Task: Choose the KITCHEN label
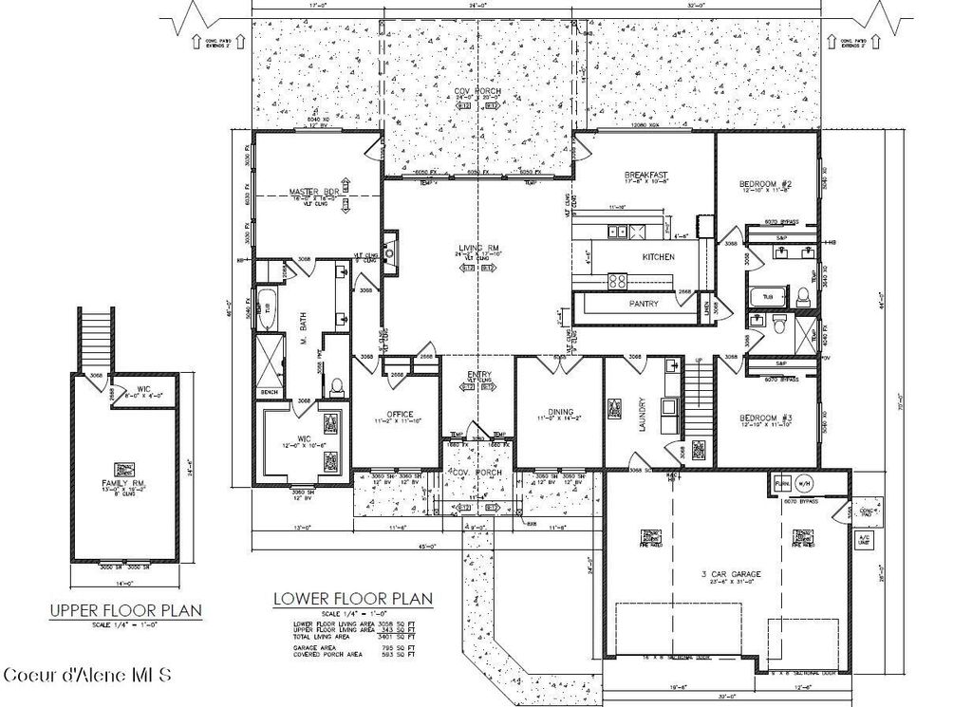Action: (x=658, y=257)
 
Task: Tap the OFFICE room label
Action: (x=398, y=414)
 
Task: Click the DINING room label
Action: (x=560, y=412)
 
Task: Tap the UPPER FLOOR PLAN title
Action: (x=125, y=610)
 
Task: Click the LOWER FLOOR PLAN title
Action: (x=352, y=599)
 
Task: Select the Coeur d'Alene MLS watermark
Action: (x=87, y=676)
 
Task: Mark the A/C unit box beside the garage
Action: (x=863, y=539)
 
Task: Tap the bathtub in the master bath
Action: (x=268, y=308)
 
